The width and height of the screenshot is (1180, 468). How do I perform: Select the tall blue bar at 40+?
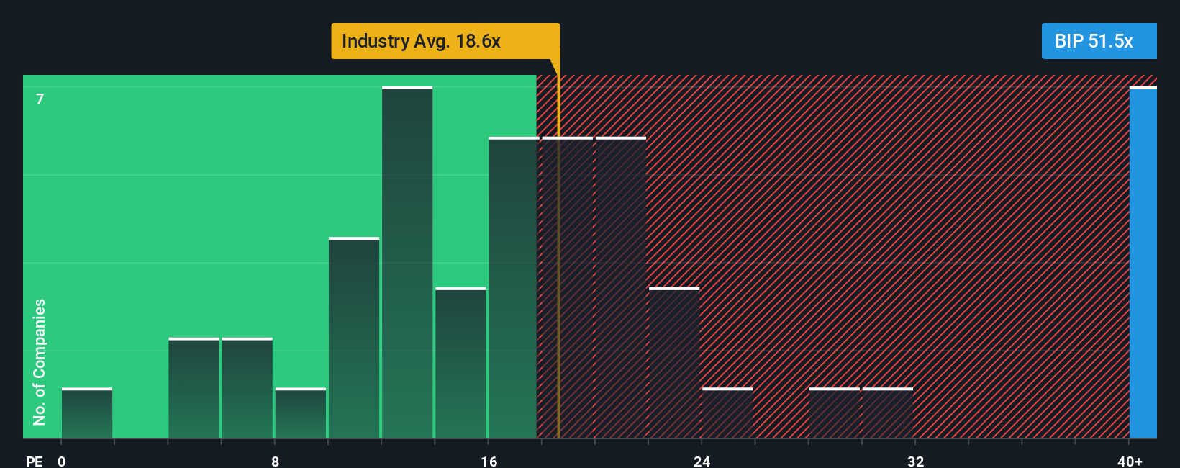coord(1143,263)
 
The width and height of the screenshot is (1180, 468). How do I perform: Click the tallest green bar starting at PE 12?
coord(407,263)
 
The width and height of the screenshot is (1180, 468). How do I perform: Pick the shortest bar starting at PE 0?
coord(87,413)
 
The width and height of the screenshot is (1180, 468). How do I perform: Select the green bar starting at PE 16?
coord(514,288)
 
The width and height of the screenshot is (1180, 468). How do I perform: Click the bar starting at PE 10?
coord(354,338)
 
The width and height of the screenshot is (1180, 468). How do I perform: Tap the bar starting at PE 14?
coord(460,363)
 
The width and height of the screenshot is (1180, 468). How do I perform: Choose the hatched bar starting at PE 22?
coord(674,363)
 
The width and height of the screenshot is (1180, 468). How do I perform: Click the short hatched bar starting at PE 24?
coord(727,413)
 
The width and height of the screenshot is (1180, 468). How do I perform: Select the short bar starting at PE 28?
coord(834,413)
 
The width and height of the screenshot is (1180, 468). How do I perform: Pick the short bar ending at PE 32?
coord(887,413)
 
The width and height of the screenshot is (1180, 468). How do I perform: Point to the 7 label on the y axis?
coord(40,99)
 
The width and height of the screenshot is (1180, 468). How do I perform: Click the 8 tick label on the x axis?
coord(275,461)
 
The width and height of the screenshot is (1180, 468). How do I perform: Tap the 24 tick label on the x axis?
coord(702,461)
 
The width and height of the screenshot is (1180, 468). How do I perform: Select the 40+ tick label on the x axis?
coord(1130,461)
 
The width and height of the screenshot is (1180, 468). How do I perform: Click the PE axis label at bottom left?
coord(34,461)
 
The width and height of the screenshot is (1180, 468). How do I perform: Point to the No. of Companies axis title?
coord(40,361)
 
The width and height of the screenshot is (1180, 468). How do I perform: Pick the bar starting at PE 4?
coord(194,388)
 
